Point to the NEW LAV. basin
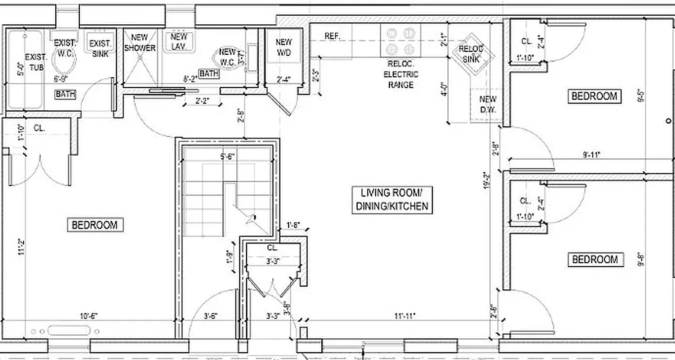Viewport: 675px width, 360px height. pos(178,41)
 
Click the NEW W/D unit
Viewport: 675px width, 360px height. pos(283,47)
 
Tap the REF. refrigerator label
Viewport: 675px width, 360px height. pos(332,36)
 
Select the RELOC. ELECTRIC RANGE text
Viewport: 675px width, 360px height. pos(400,75)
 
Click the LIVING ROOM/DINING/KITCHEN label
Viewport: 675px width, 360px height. pos(391,200)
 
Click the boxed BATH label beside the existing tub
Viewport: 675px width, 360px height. pos(66,94)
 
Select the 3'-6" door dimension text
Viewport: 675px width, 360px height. pos(207,316)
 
